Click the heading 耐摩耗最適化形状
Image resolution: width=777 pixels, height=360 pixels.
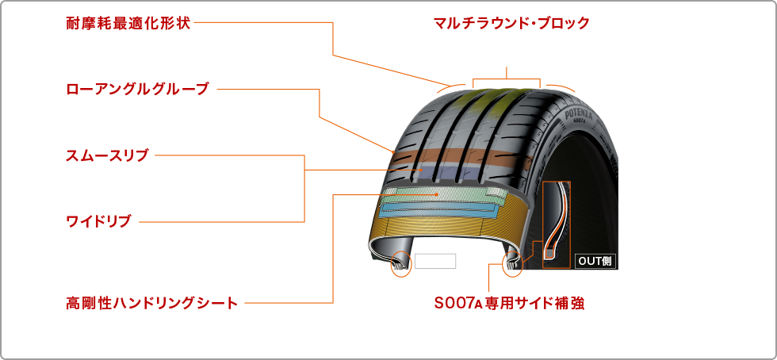(x=128, y=22)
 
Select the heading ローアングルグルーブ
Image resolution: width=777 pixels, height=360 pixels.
(x=136, y=88)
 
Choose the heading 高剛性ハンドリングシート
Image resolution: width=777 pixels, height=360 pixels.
(x=151, y=302)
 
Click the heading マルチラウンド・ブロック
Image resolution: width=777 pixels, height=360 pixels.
(x=511, y=22)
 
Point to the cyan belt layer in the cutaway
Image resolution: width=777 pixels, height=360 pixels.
(x=440, y=209)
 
